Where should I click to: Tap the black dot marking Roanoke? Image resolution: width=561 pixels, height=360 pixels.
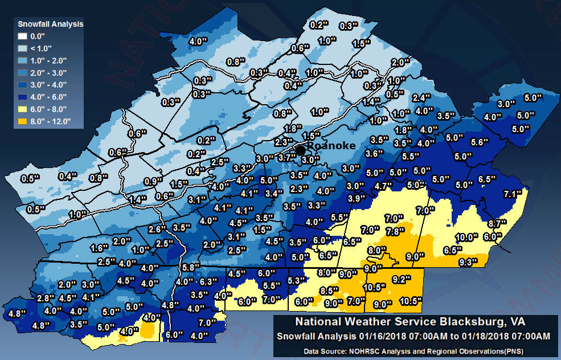click(300, 150)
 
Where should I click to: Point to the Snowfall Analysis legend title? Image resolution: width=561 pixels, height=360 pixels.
click(51, 24)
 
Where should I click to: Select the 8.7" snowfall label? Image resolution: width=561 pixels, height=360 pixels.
click(497, 223)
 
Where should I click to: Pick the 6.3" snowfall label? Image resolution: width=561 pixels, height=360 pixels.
click(210, 281)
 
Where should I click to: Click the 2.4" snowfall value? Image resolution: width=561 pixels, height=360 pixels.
click(421, 97)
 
